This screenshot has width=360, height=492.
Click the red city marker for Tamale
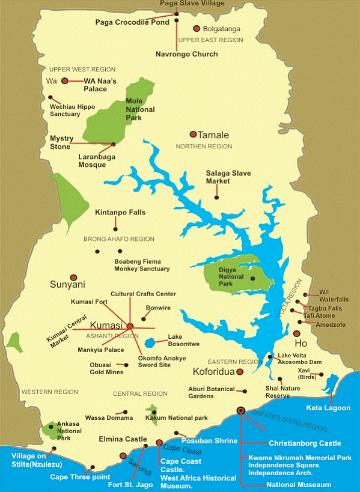[193, 135]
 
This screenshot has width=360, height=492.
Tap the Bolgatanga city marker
[197, 28]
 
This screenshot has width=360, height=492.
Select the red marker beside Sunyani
[73, 278]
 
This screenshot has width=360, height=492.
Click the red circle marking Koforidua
[240, 372]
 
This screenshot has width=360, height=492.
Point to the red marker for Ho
[296, 334]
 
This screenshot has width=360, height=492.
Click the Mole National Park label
[140, 109]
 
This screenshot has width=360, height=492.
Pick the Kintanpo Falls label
[120, 212]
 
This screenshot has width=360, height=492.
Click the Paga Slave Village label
[192, 4]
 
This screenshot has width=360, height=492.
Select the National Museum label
[298, 484]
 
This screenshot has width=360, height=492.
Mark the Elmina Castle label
[122, 439]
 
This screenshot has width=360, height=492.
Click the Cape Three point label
[75, 477]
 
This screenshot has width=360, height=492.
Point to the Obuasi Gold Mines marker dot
[126, 365]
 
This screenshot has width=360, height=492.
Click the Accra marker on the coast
[241, 411]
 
